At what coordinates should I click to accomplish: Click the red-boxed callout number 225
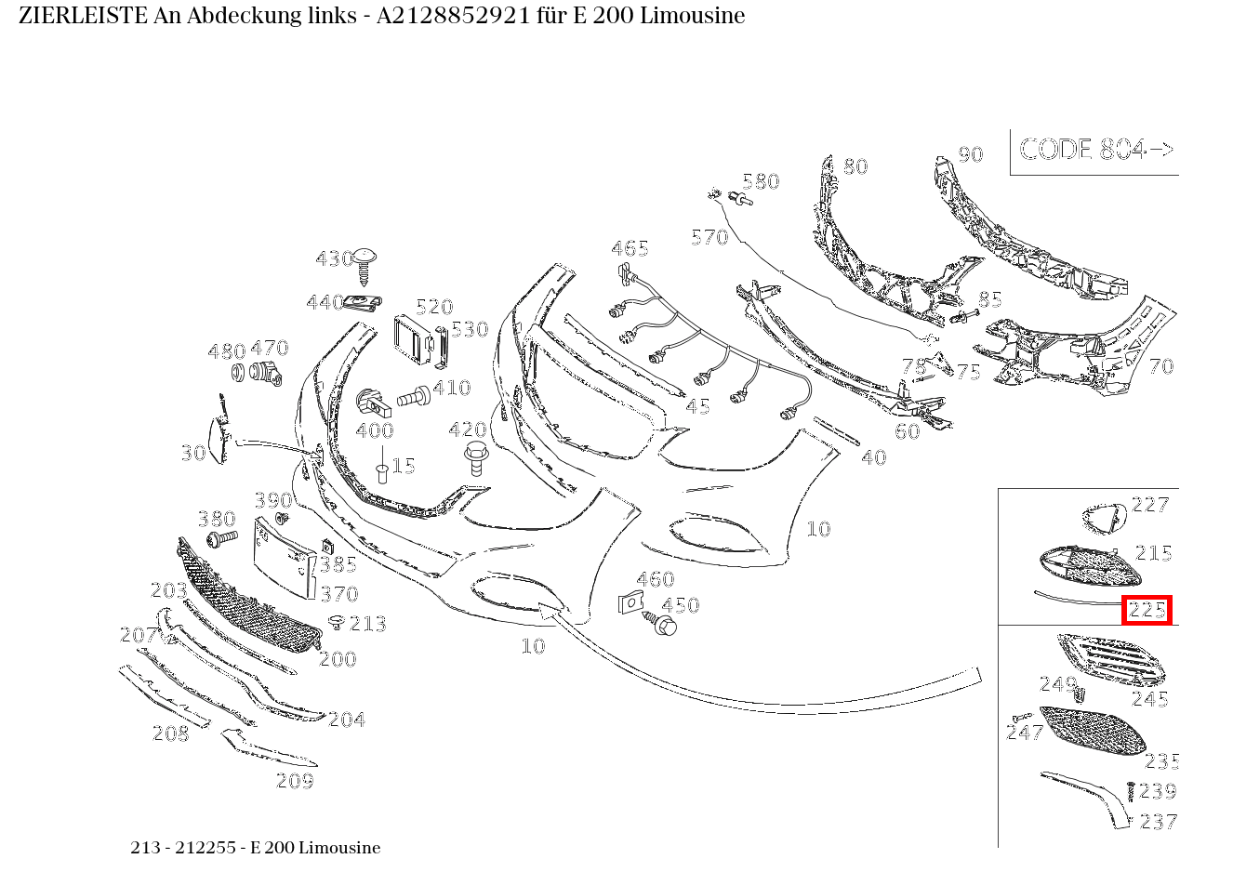(x=1147, y=610)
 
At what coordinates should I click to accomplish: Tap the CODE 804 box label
(x=1095, y=150)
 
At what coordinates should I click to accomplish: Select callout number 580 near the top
(x=761, y=181)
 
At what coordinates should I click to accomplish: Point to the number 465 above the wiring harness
(x=630, y=248)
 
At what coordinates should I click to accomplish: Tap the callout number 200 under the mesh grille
(x=338, y=659)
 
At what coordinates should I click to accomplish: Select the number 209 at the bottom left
(x=295, y=781)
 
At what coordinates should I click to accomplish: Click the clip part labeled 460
(x=631, y=601)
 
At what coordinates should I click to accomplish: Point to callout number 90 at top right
(x=970, y=154)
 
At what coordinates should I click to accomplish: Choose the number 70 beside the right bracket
(x=1160, y=366)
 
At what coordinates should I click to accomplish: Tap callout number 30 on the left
(x=193, y=453)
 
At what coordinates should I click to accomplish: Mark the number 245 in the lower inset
(x=1149, y=699)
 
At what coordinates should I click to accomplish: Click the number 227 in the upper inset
(x=1150, y=505)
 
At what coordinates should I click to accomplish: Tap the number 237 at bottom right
(x=1159, y=822)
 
